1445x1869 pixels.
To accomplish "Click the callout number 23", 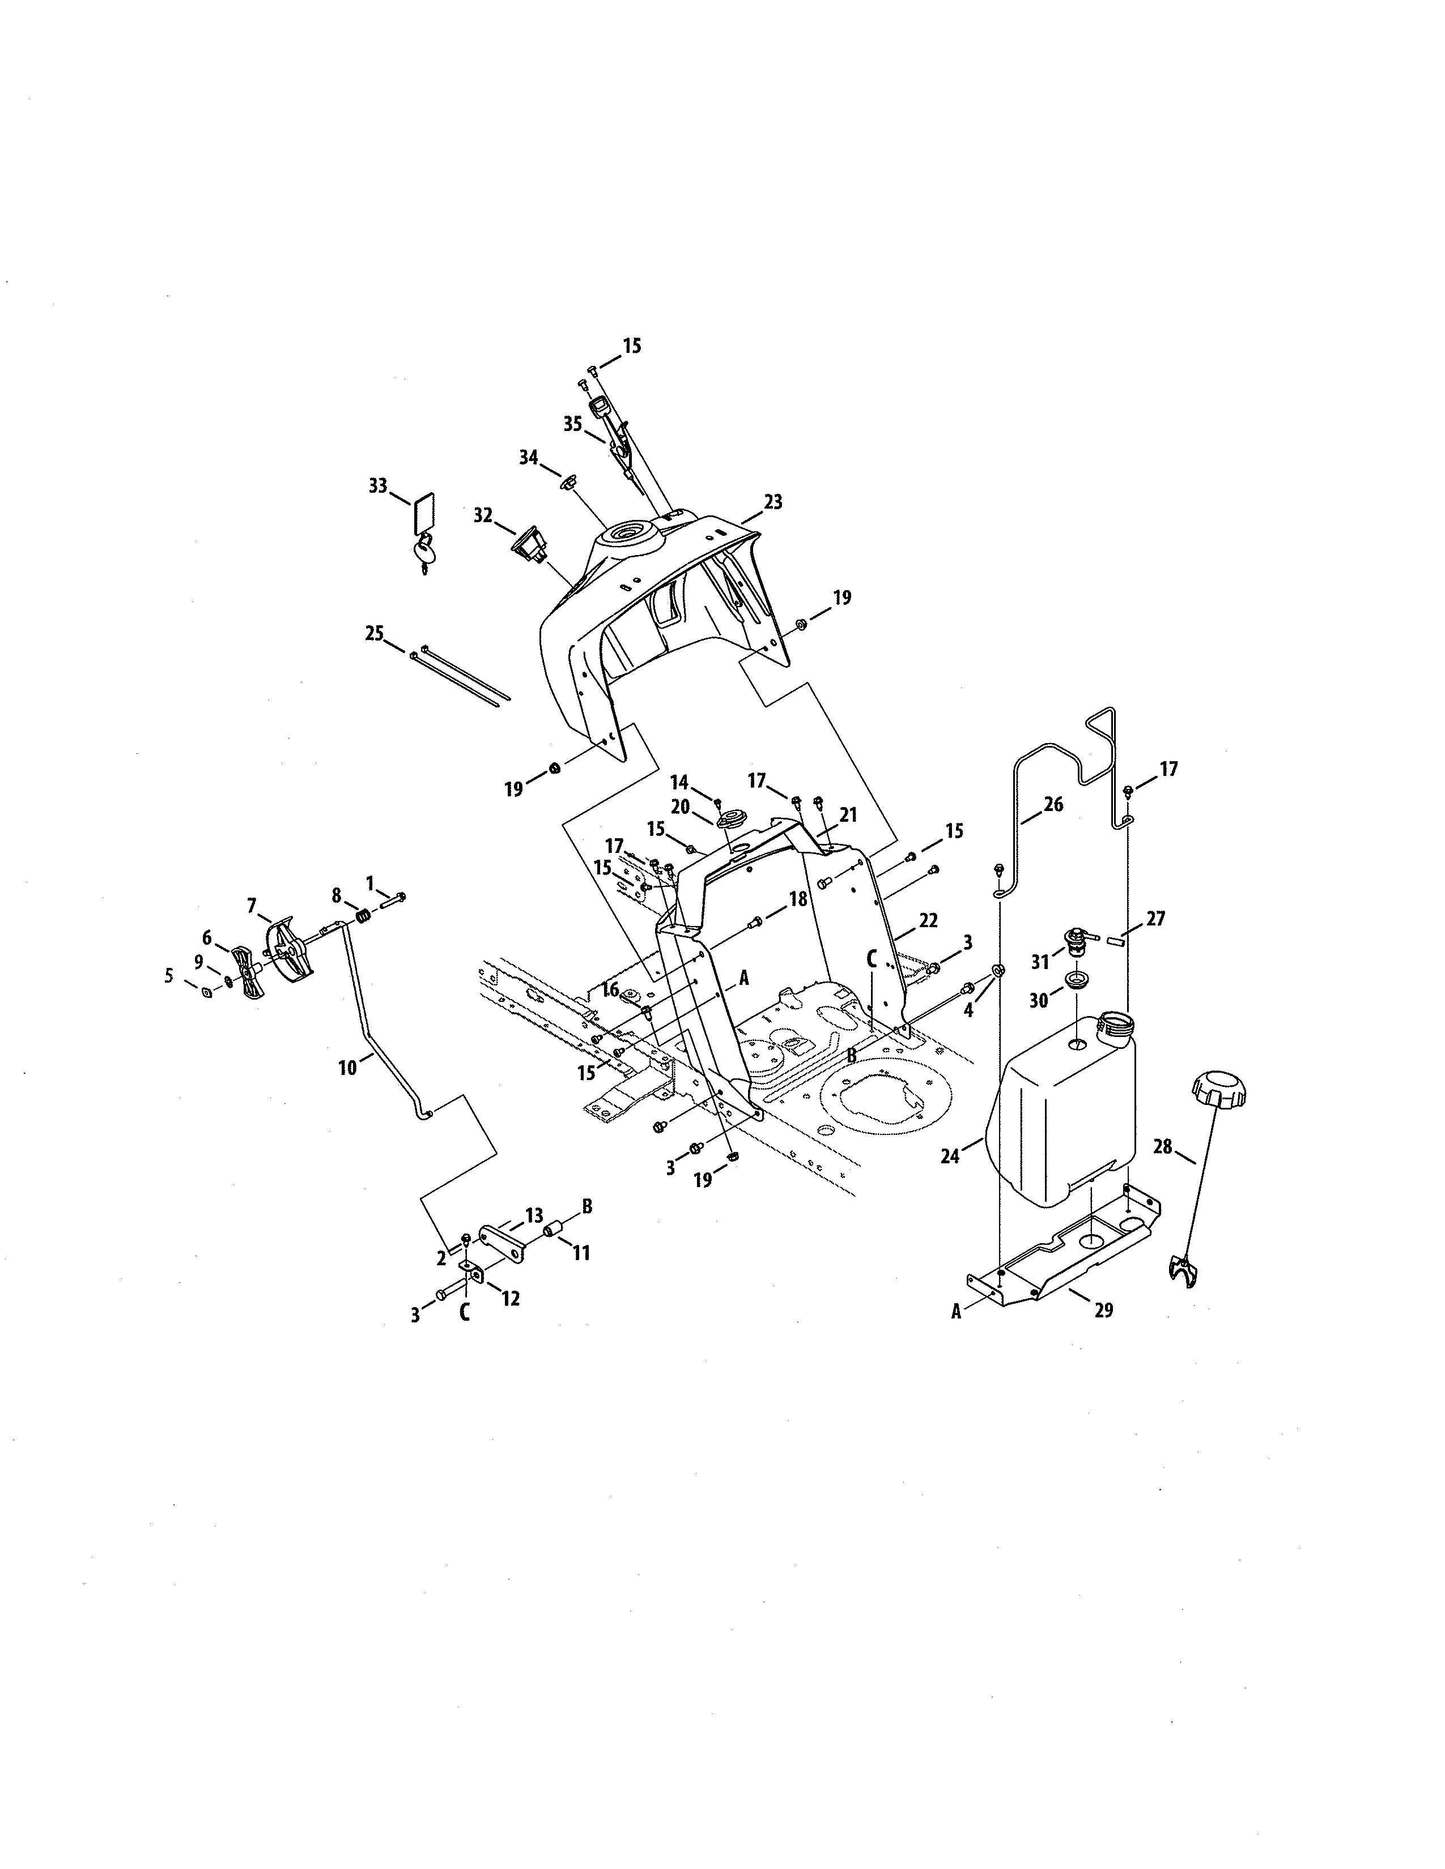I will click(x=773, y=502).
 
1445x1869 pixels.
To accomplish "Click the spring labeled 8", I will click(x=364, y=916).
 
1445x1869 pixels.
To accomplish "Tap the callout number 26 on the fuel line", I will click(x=1053, y=804).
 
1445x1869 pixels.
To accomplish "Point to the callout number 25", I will click(x=374, y=634).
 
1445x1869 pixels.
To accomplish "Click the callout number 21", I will click(x=848, y=816).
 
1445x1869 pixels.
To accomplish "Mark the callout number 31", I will click(x=1040, y=962).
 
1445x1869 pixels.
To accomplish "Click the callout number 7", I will click(x=252, y=904).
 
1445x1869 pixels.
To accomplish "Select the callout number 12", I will click(x=510, y=1298).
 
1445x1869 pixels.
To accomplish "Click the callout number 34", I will click(x=528, y=458).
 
